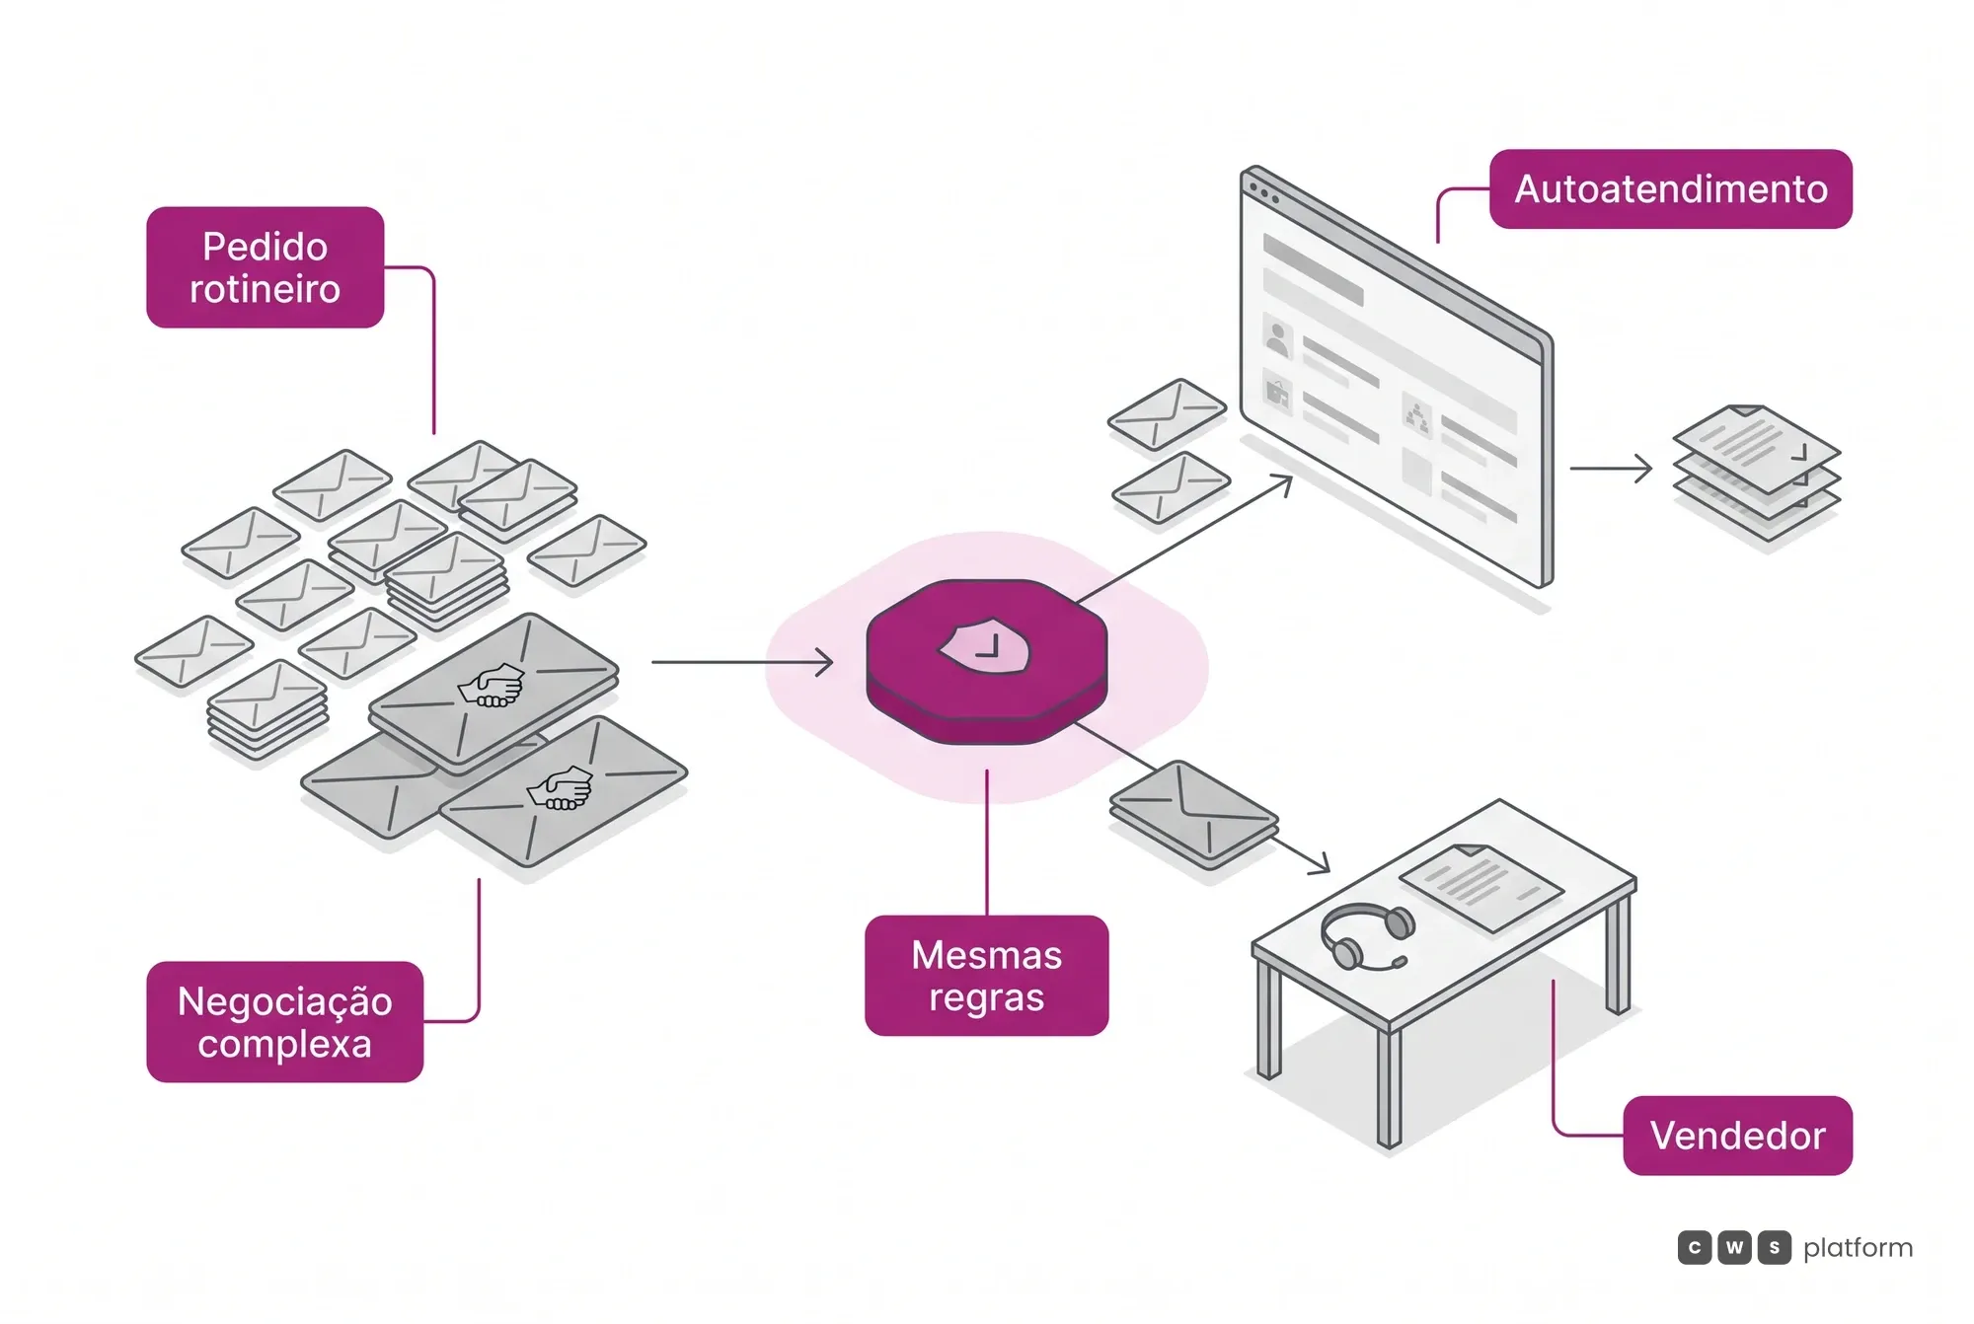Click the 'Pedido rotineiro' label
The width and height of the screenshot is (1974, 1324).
pyautogui.click(x=265, y=267)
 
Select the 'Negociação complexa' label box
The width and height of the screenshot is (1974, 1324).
pyautogui.click(x=284, y=1022)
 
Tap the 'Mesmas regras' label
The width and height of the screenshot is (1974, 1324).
pyautogui.click(x=986, y=976)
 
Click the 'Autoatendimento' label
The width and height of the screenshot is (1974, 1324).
pyautogui.click(x=1670, y=189)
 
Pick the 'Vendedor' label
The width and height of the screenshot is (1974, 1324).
pyautogui.click(x=1737, y=1136)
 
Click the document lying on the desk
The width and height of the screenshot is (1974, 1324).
pyautogui.click(x=1480, y=886)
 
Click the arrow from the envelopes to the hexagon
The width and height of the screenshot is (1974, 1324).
pyautogui.click(x=742, y=662)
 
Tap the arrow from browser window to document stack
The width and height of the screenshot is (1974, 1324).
pyautogui.click(x=1611, y=469)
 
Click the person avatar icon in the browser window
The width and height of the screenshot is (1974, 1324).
pyautogui.click(x=1277, y=339)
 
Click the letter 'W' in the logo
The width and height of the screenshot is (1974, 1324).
pyautogui.click(x=1734, y=1248)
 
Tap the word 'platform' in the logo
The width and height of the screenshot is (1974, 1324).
pyautogui.click(x=1858, y=1248)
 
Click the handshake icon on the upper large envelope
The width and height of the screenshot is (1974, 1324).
pyautogui.click(x=491, y=685)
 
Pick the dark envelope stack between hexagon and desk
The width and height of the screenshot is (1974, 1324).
pyautogui.click(x=1193, y=814)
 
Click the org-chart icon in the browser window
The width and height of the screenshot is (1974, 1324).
pyautogui.click(x=1417, y=418)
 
